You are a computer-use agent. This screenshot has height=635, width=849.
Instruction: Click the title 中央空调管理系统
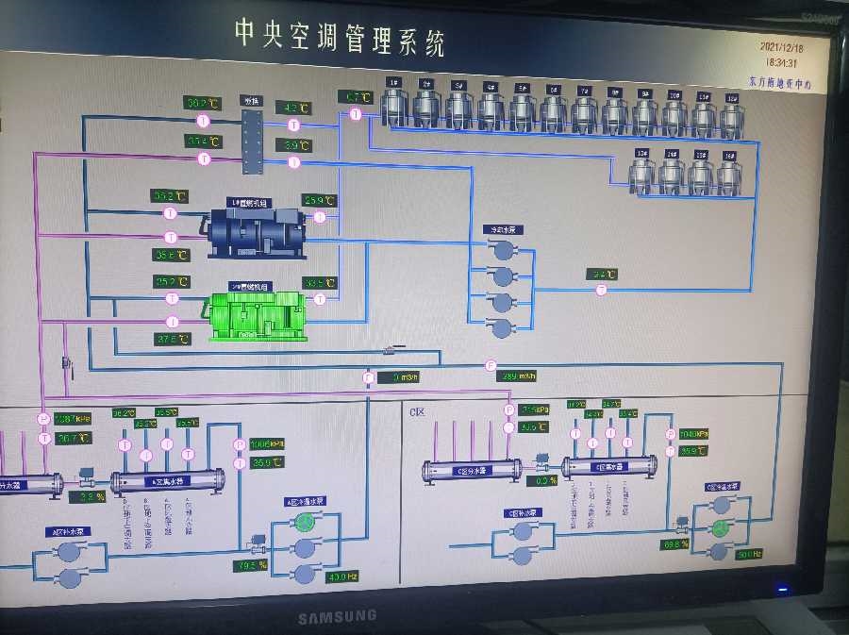click(340, 37)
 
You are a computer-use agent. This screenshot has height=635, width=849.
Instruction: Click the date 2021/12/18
click(781, 45)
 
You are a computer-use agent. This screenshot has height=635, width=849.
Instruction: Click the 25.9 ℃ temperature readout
click(319, 200)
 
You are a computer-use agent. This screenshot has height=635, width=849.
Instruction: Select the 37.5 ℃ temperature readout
click(173, 338)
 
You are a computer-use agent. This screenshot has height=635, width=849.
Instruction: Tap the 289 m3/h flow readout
click(517, 376)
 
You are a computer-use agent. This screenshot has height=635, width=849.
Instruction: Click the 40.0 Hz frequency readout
click(342, 577)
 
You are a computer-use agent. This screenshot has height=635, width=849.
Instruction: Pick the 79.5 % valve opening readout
click(251, 566)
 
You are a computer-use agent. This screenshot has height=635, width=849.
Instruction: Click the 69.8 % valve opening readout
click(675, 544)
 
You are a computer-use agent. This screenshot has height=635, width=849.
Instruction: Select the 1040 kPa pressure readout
click(693, 434)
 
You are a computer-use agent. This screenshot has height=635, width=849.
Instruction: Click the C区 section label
click(417, 412)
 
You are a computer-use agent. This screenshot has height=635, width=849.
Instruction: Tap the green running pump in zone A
click(304, 548)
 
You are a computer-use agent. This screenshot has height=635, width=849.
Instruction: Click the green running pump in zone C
click(722, 527)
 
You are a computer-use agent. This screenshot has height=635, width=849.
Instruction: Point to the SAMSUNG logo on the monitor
click(338, 616)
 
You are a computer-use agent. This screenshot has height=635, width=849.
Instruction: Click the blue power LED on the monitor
click(781, 591)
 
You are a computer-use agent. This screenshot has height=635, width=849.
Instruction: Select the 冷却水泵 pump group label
click(502, 229)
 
